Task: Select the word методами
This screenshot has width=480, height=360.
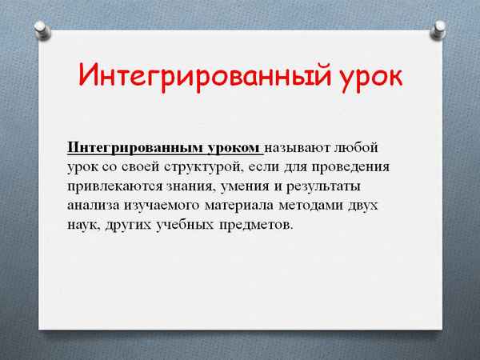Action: point(312,206)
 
